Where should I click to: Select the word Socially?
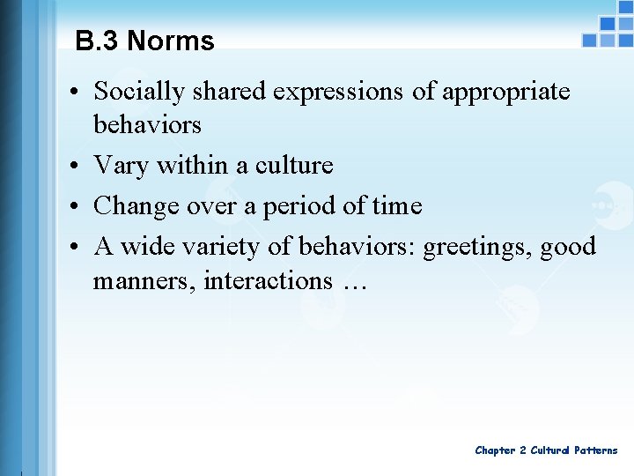coord(137,92)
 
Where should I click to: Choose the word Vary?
coord(122,166)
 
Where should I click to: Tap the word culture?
coord(294,166)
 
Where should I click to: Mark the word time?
coord(396,206)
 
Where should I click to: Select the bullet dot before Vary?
coord(77,166)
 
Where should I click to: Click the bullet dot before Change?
coord(77,206)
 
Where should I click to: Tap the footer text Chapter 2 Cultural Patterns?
coord(546,450)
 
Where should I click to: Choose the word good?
coord(569,247)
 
